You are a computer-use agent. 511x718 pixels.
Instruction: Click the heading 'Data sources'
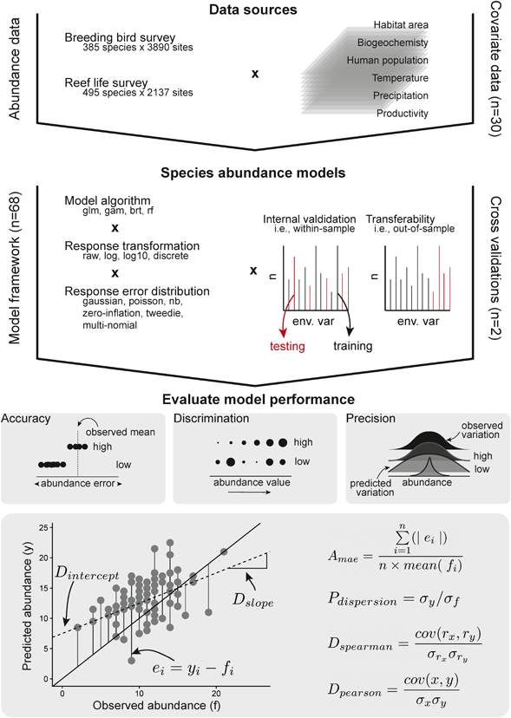pos(253,10)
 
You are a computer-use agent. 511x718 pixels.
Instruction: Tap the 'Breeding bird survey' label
pos(120,37)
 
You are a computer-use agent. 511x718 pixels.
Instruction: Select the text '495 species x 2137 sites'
pos(138,93)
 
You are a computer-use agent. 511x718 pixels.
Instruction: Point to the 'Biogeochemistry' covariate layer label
pos(393,42)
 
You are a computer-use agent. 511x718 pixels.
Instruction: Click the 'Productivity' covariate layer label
pos(403,113)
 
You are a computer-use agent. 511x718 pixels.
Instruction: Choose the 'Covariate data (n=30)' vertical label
pos(496,69)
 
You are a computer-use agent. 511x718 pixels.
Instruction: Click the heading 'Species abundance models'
pos(253,173)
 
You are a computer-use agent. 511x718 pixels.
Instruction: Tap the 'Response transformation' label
pos(132,246)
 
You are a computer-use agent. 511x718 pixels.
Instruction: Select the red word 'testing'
pos(287,346)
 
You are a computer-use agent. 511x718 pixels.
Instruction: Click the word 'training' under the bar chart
pos(353,346)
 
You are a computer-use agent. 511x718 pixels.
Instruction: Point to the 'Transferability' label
pos(400,219)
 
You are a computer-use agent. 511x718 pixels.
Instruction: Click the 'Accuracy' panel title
pos(26,419)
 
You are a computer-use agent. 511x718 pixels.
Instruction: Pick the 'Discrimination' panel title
pos(212,419)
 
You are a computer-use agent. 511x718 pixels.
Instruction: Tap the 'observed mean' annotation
pos(121,432)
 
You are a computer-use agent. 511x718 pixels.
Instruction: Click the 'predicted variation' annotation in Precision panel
pos(371,487)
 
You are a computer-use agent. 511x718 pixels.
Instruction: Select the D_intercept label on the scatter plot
pos(87,575)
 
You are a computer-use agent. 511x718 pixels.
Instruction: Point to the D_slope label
pos(252,600)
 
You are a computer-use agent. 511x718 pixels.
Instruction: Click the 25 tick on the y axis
pos(43,528)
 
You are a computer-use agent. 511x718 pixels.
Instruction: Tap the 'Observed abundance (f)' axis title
pos(157,705)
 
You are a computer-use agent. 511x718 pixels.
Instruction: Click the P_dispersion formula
pos(394,599)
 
